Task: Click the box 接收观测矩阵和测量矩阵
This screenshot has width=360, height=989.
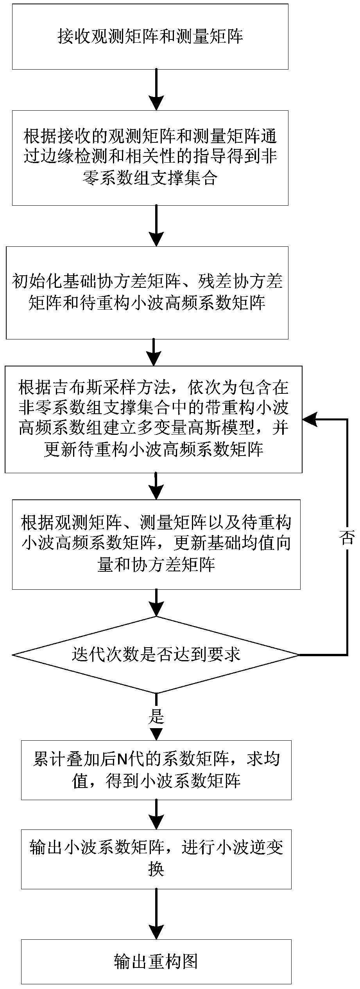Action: (x=150, y=37)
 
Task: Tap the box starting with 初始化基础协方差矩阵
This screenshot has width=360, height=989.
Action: (x=147, y=292)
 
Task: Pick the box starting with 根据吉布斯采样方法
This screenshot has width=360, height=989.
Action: (x=153, y=419)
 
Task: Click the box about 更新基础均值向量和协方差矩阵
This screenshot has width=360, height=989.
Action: (x=156, y=544)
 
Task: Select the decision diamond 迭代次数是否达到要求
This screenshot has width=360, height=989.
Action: (x=156, y=655)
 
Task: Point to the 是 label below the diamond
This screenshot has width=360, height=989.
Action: (x=156, y=716)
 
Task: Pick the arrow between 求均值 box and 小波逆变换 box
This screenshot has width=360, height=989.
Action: (x=156, y=813)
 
